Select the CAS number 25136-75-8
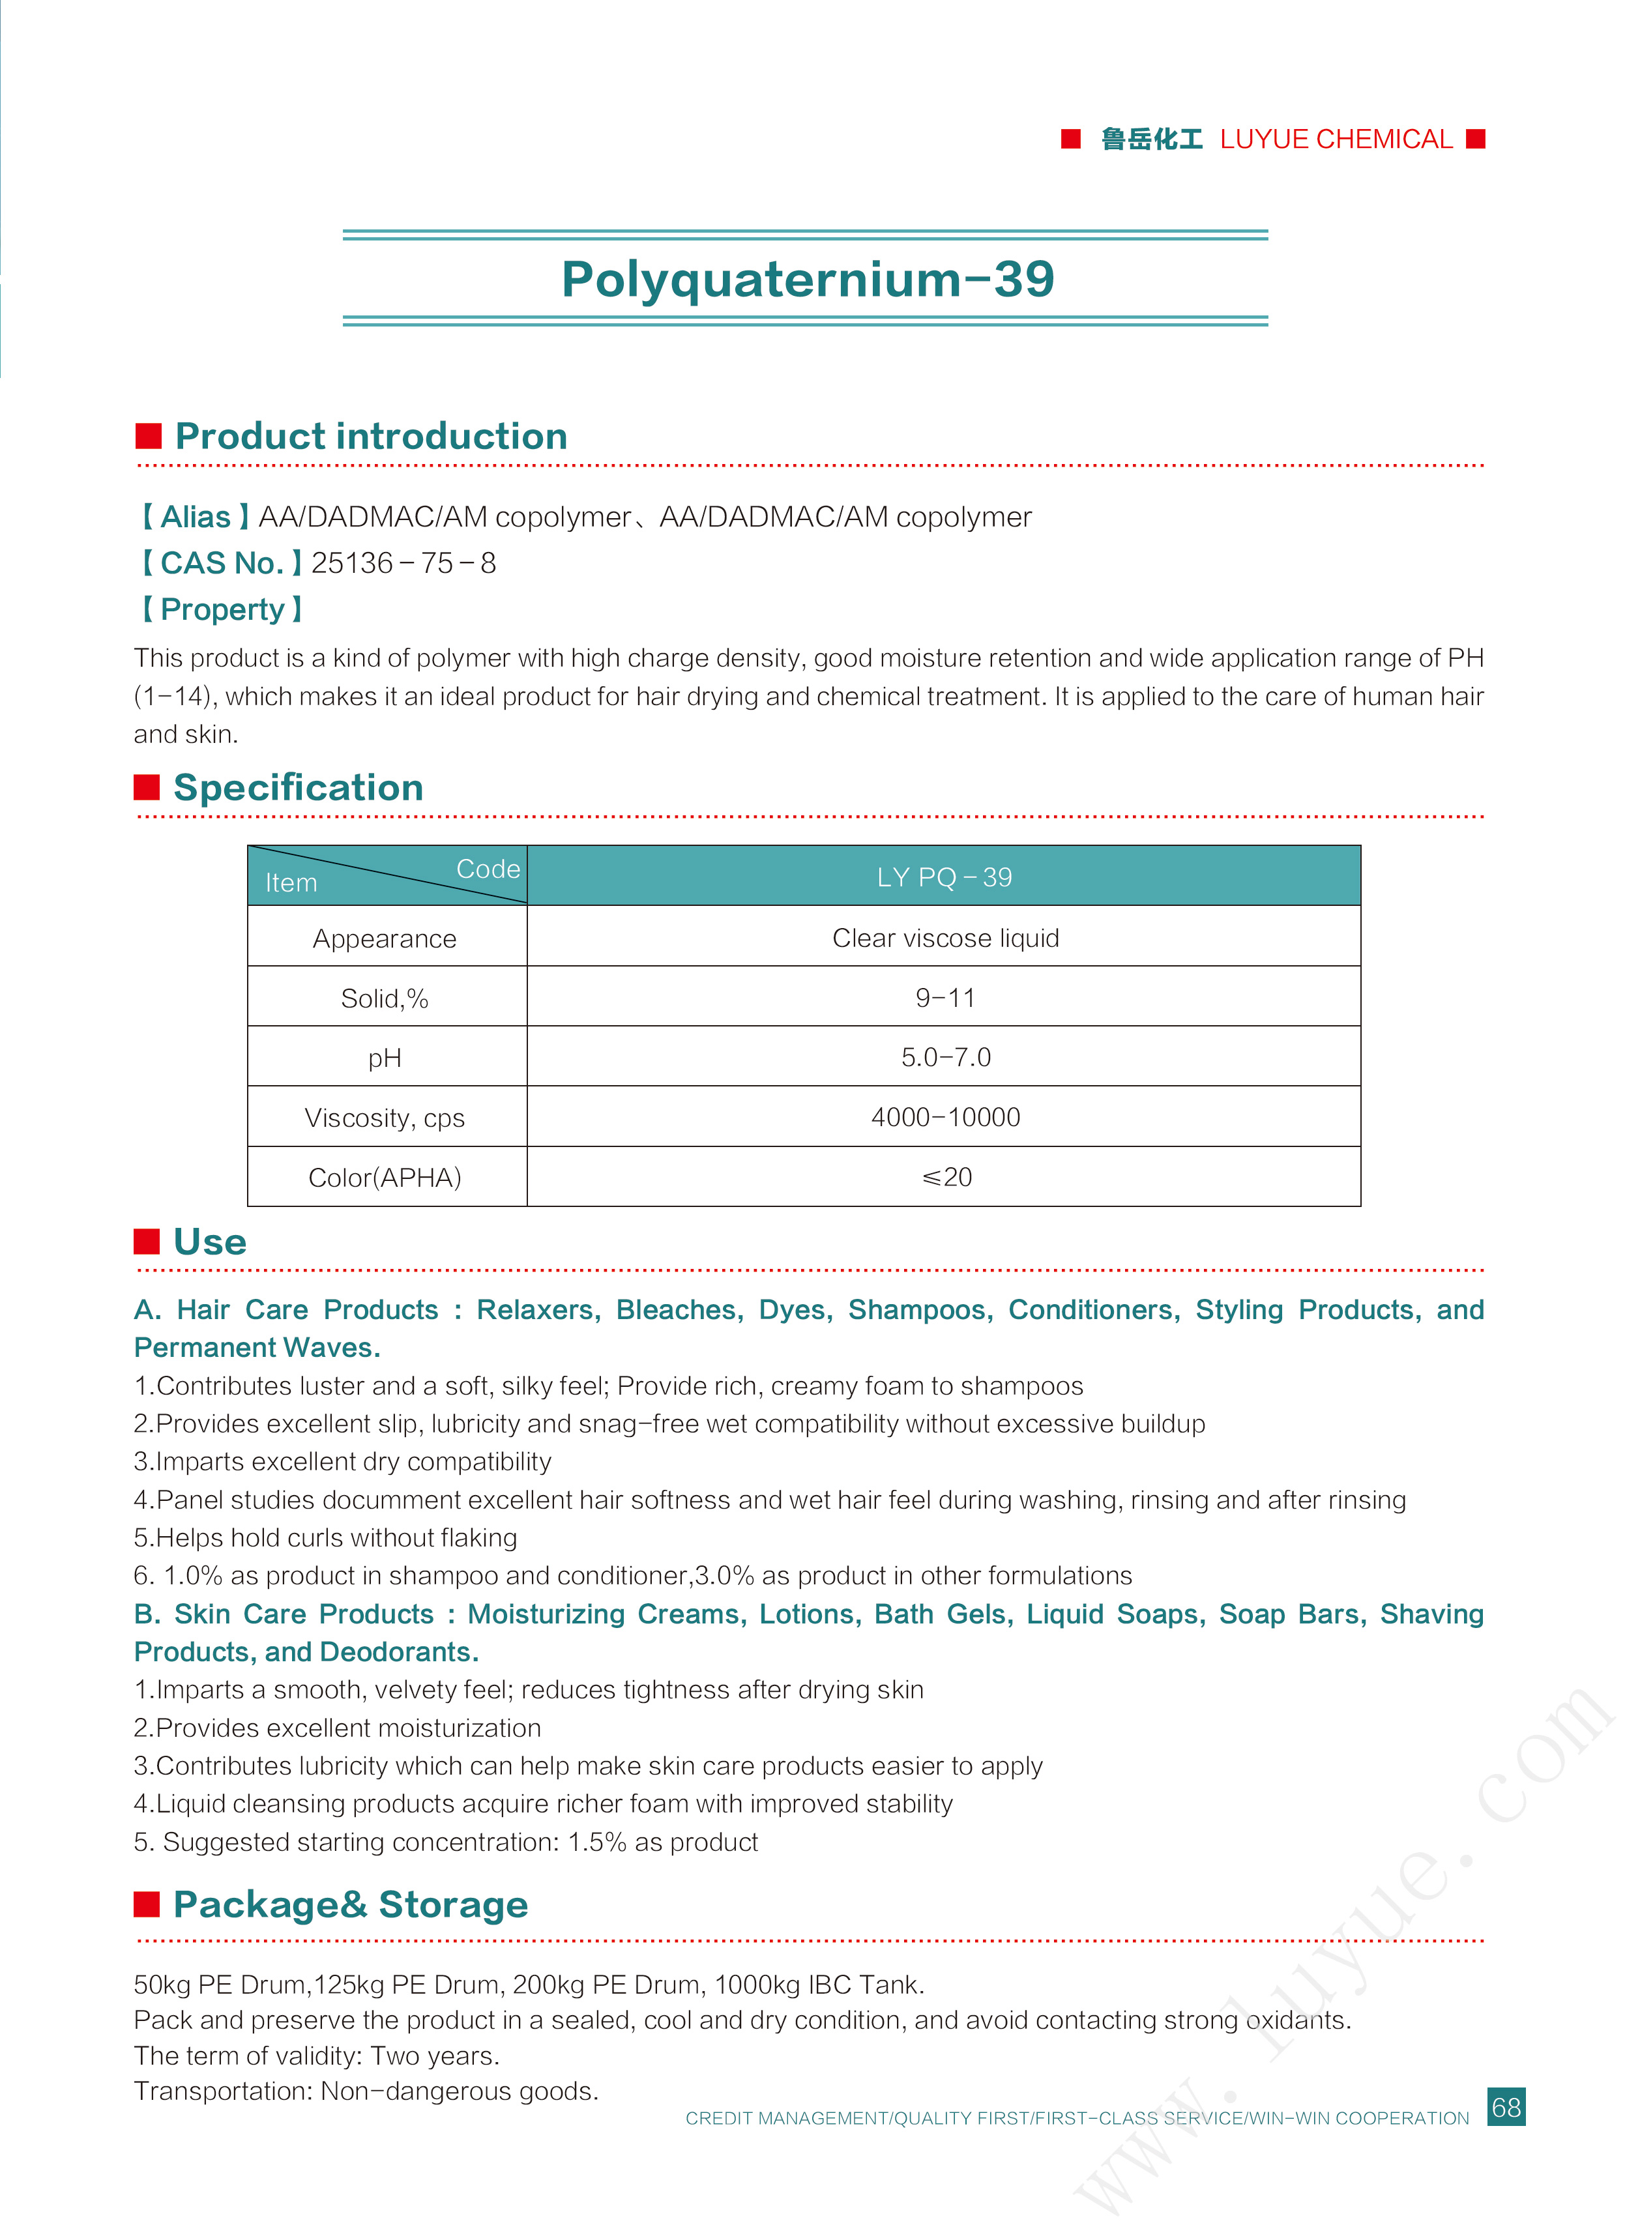(x=403, y=562)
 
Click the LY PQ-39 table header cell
(x=943, y=877)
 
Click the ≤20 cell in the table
(x=946, y=1177)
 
